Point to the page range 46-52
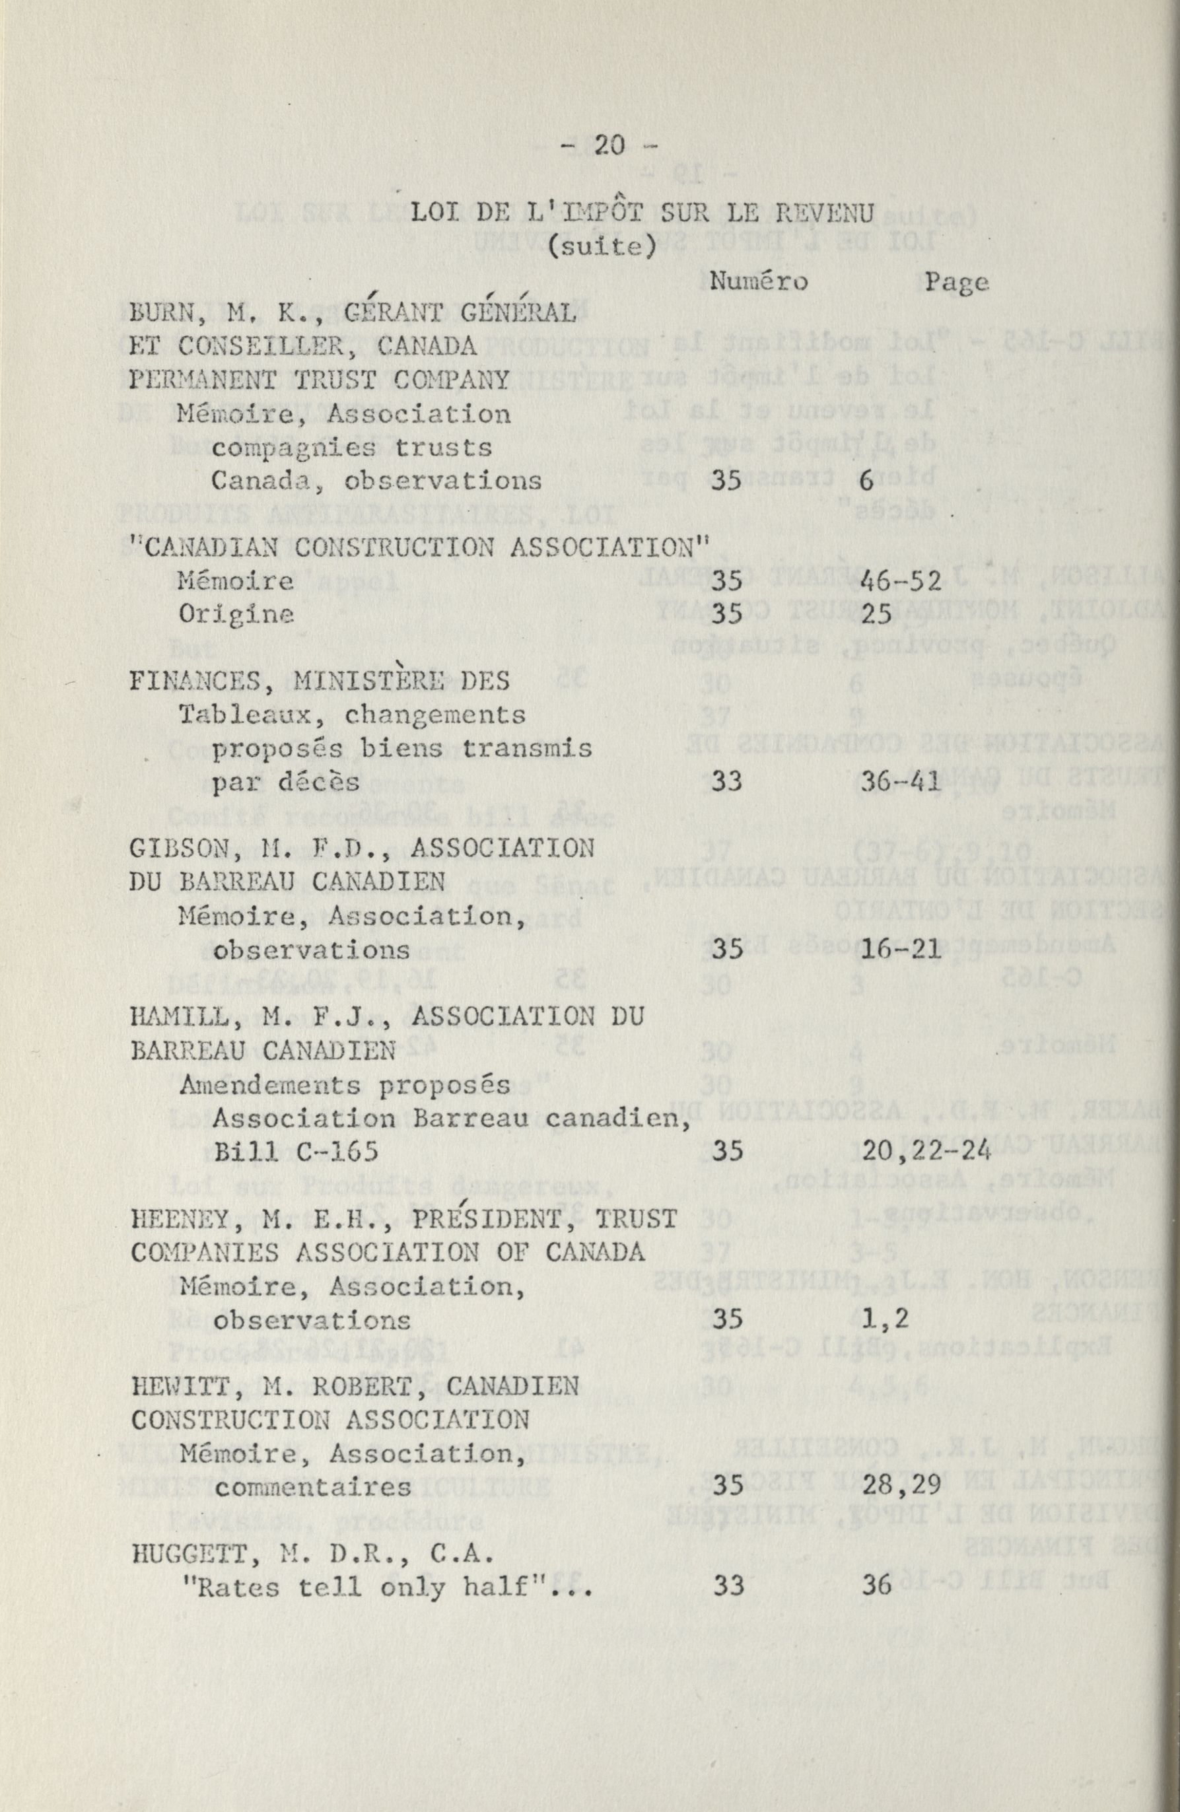pyautogui.click(x=901, y=581)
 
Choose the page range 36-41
pyautogui.click(x=902, y=782)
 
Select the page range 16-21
pyautogui.click(x=902, y=950)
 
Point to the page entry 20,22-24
pyautogui.click(x=926, y=1150)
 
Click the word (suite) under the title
pyautogui.click(x=602, y=248)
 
